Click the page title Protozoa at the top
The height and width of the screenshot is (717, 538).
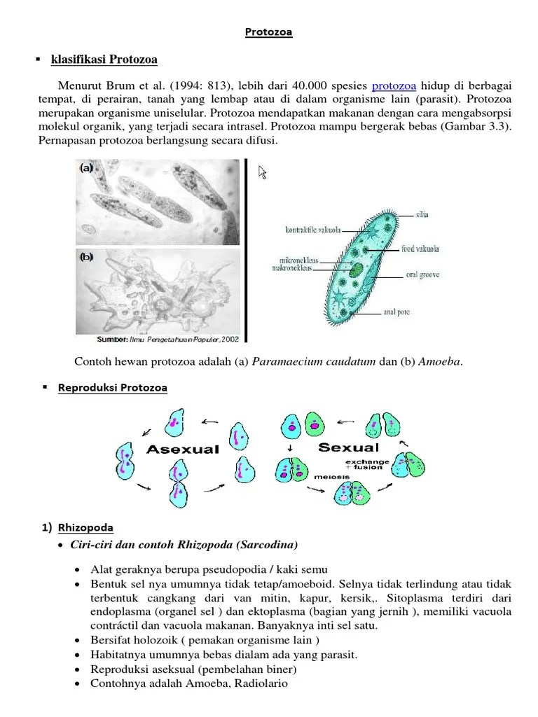coord(269,32)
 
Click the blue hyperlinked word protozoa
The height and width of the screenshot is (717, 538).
coord(394,85)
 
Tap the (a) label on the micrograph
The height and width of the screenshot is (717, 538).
coord(87,168)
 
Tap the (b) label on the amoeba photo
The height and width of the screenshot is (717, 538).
coord(87,257)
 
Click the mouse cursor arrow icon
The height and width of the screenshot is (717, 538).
coord(263,173)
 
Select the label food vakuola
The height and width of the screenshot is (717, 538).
coord(421,248)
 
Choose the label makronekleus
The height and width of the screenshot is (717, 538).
coord(295,268)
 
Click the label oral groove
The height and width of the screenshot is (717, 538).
coord(422,275)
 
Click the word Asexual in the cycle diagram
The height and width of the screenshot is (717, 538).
coord(183,450)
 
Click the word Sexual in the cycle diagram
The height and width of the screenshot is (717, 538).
coord(348,447)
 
